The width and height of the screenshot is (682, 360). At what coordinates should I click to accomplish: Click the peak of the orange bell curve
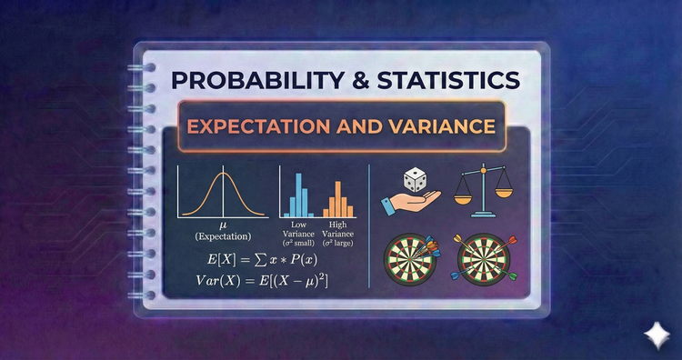[223, 172]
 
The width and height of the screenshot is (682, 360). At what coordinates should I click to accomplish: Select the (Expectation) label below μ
[223, 236]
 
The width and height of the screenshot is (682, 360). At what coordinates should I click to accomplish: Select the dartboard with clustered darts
[410, 260]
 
